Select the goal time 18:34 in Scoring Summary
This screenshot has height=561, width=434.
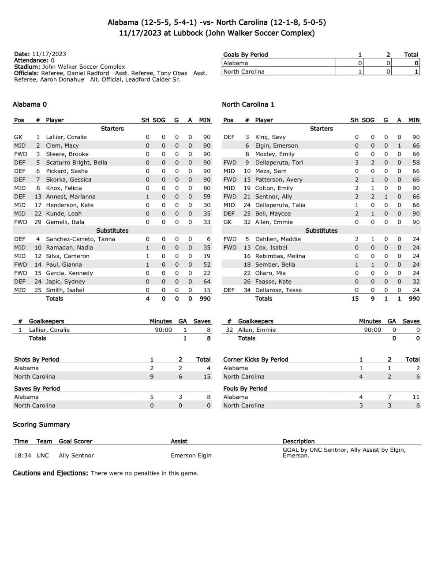click(22, 456)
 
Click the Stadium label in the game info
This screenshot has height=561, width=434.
click(27, 67)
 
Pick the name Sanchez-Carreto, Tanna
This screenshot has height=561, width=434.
click(80, 239)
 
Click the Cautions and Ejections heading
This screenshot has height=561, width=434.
click(50, 473)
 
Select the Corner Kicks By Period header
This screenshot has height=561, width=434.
click(255, 360)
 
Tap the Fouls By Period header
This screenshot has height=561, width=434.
click(245, 389)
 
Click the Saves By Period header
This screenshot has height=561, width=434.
click(37, 389)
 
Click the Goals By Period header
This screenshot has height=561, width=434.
click(245, 55)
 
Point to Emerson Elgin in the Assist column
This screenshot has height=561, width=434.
click(191, 456)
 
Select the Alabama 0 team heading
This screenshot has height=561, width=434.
click(30, 104)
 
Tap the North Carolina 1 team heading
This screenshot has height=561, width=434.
click(248, 104)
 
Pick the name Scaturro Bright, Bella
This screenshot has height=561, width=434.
click(76, 163)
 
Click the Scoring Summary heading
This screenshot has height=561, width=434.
click(41, 424)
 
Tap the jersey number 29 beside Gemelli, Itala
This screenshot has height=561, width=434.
click(38, 222)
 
